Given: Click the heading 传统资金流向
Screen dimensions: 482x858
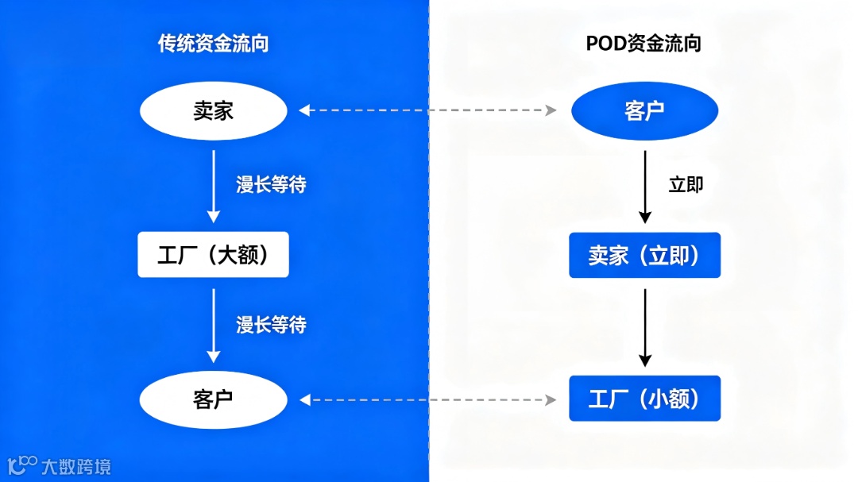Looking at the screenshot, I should (x=213, y=44).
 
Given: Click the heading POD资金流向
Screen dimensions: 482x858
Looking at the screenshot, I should (x=643, y=44).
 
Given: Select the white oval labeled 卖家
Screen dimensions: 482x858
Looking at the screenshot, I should (x=213, y=111).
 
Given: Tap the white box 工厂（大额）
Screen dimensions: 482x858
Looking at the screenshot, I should (x=213, y=255).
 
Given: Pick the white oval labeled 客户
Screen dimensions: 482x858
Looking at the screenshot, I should (x=213, y=399).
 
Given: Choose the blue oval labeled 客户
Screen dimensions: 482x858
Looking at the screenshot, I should (x=644, y=111).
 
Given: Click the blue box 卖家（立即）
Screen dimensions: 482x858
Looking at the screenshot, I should (x=644, y=255).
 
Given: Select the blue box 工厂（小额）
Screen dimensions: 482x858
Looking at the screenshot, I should (x=644, y=399).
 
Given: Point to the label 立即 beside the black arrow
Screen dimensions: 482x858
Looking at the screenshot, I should (x=686, y=185).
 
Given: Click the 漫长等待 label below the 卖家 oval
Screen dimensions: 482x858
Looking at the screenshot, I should (x=271, y=185).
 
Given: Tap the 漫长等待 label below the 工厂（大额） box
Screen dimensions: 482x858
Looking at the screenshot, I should (x=271, y=324).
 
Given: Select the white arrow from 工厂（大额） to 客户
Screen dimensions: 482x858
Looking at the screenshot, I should (x=213, y=326).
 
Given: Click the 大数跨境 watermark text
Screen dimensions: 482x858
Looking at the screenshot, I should (x=76, y=466).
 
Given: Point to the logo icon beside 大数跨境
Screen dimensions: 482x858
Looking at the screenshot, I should (x=22, y=465).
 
